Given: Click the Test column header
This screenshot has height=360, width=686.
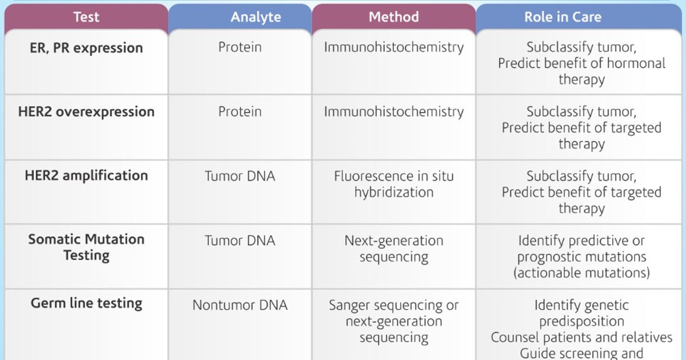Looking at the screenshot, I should click(x=87, y=17).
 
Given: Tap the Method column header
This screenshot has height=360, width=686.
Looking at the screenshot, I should click(x=393, y=17).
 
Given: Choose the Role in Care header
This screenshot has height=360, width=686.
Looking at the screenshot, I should click(x=563, y=17).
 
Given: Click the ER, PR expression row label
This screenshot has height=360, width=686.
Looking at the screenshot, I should click(x=86, y=48).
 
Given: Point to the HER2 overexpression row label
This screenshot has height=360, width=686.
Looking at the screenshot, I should click(x=86, y=111).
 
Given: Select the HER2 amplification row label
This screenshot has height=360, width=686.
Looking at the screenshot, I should click(x=86, y=175).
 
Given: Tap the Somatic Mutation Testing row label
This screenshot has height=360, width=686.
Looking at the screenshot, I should click(x=86, y=247).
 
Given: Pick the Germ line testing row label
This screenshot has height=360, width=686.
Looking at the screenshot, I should click(x=86, y=303).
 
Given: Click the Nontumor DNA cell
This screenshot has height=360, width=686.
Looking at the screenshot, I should click(x=240, y=305).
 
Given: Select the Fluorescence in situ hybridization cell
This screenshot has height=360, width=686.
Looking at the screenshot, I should click(x=394, y=184).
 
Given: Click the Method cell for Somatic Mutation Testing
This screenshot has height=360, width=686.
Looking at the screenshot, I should click(x=394, y=249).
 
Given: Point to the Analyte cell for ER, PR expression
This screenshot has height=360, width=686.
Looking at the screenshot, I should click(x=240, y=47).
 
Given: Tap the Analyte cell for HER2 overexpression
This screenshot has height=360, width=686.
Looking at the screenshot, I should click(x=240, y=111).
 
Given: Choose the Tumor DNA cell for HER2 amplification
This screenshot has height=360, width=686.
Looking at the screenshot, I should click(x=240, y=176).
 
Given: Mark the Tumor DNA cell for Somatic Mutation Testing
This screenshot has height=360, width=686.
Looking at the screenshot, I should click(x=240, y=241).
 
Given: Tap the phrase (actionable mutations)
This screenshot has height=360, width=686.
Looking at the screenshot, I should click(x=581, y=273).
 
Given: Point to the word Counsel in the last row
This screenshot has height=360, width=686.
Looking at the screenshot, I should click(x=514, y=338).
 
